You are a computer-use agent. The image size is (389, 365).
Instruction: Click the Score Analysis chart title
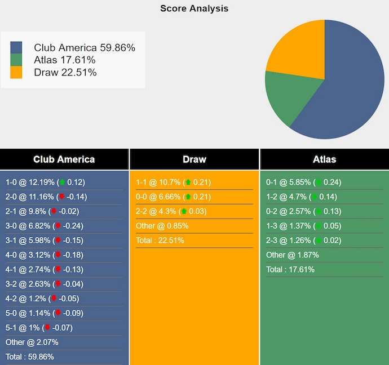(x=194, y=8)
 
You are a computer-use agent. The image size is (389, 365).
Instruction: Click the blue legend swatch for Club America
(x=16, y=48)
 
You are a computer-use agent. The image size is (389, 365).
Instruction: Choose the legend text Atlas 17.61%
(x=64, y=60)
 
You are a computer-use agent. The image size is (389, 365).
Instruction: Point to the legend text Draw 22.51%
(x=65, y=73)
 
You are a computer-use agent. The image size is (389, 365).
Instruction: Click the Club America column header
(x=64, y=159)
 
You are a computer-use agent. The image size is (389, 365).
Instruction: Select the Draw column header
(x=194, y=159)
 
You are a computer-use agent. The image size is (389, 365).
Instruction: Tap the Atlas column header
(x=324, y=159)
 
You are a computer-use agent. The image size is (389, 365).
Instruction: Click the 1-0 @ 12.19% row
(x=45, y=182)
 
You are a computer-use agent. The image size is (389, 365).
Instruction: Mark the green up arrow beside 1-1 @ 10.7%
(x=188, y=182)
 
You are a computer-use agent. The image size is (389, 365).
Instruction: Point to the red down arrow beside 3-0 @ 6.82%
(x=58, y=226)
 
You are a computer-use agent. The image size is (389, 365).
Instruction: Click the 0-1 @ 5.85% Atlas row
(x=303, y=182)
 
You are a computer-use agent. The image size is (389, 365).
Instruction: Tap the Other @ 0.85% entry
(x=162, y=226)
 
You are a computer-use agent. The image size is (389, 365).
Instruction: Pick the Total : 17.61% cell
(x=290, y=270)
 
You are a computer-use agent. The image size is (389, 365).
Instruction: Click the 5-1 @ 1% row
(x=39, y=328)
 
